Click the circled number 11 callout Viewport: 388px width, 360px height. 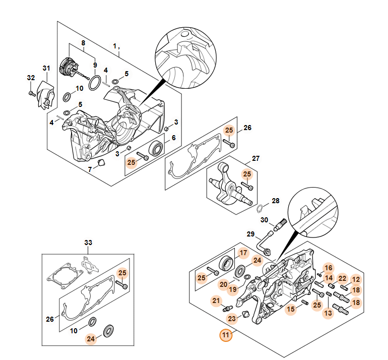225,334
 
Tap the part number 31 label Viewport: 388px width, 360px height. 46,68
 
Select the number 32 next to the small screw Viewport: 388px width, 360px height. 31,78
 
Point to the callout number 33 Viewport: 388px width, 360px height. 88,243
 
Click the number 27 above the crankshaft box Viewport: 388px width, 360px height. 255,159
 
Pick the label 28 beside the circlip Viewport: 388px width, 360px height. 275,201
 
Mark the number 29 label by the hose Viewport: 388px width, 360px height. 251,234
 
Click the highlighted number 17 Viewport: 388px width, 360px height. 243,253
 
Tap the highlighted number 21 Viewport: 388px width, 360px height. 216,301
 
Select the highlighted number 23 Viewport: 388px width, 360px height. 232,318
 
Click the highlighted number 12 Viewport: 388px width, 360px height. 356,279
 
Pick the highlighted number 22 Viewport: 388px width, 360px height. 342,279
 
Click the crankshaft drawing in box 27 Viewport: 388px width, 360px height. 232,188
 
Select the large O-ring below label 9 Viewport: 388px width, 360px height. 94,83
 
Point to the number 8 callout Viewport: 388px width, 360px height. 83,44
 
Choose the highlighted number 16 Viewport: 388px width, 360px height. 328,268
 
